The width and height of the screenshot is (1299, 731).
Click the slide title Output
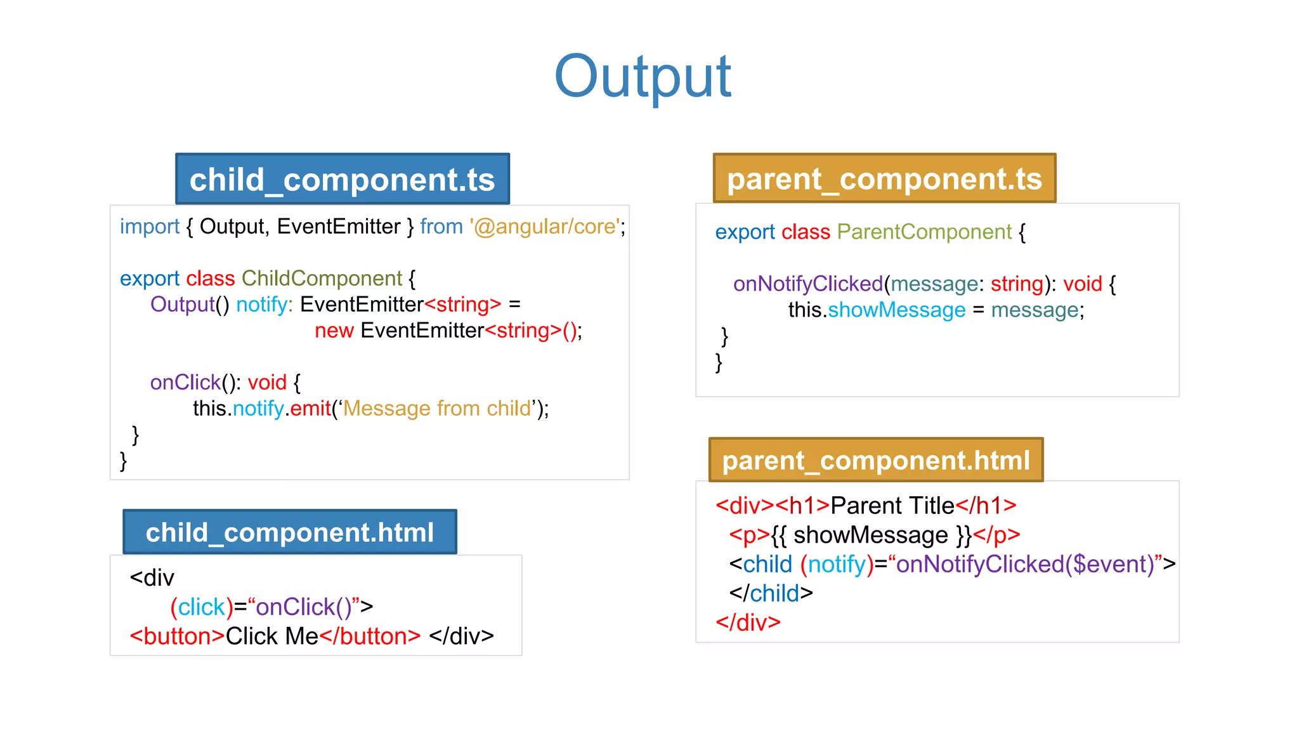(643, 77)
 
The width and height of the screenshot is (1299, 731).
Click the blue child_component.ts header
(342, 180)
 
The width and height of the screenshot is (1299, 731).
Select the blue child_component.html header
(290, 532)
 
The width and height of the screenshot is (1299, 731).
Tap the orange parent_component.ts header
(884, 179)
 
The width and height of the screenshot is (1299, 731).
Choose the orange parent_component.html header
(875, 461)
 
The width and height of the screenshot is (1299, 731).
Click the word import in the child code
(150, 227)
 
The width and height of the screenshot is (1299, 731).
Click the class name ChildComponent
(322, 279)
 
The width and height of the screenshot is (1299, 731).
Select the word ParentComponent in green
(924, 232)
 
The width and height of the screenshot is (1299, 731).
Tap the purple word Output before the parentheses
(182, 305)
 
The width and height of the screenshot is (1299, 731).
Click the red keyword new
(334, 331)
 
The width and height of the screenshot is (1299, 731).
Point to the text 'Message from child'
(437, 409)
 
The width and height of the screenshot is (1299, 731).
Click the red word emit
(311, 409)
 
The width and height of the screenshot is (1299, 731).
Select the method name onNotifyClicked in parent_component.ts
(807, 284)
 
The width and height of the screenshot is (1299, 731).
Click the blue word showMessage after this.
(896, 310)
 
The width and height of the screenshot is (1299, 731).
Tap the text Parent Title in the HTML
(892, 506)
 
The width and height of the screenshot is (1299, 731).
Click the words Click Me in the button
(271, 636)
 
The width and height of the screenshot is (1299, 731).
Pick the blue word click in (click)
(201, 607)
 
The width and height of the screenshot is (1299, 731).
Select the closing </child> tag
(771, 593)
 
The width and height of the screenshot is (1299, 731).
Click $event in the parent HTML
(1109, 564)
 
